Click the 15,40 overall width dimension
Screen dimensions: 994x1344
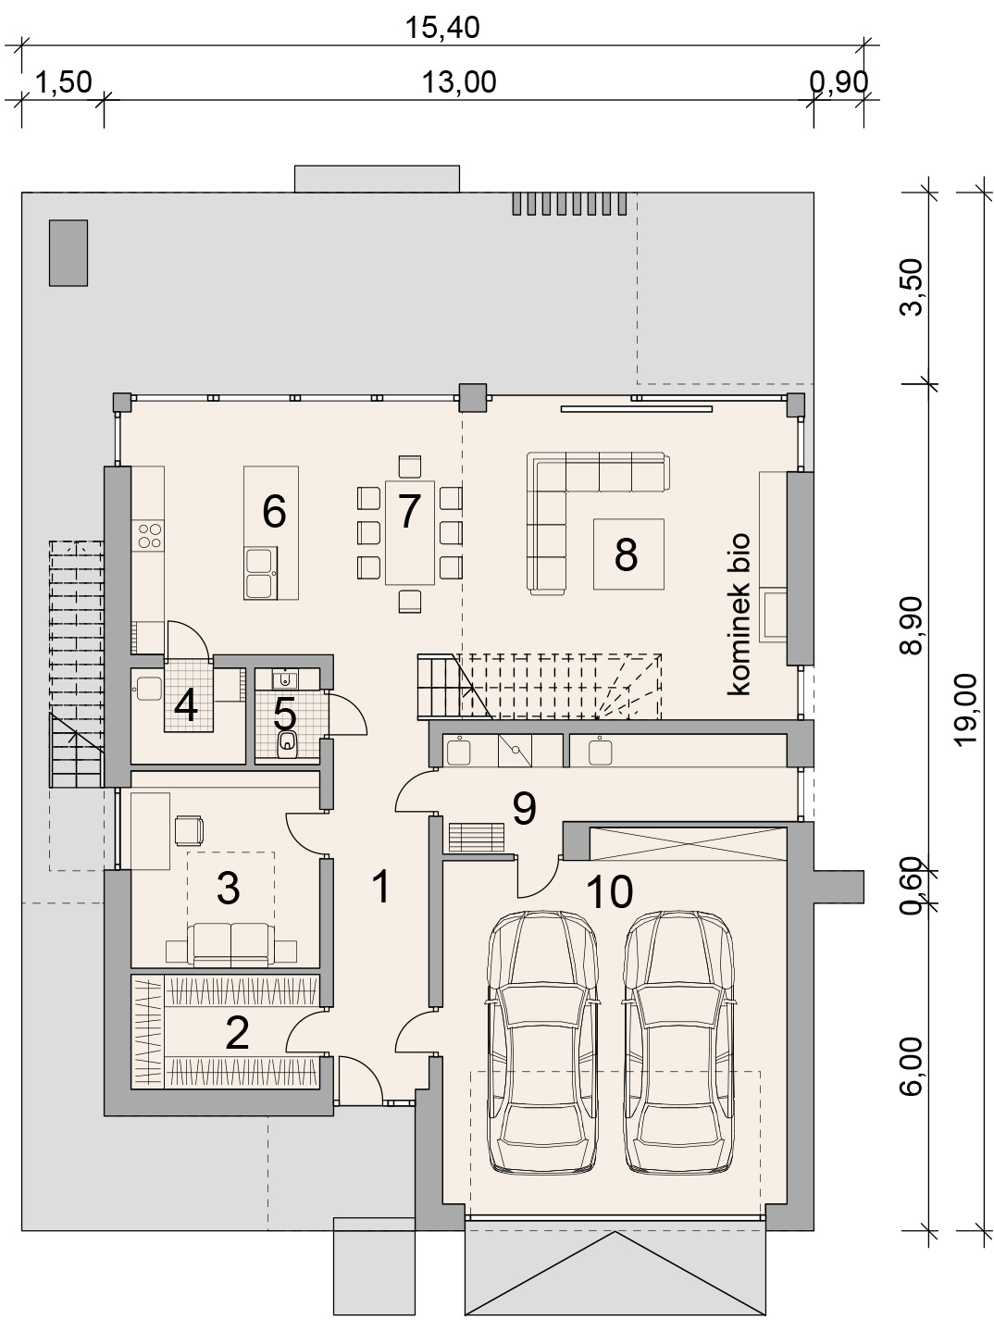(x=441, y=28)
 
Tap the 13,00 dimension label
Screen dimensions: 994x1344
(x=459, y=82)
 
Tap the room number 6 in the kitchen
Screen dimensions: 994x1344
(x=274, y=511)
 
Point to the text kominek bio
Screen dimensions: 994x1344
(x=739, y=614)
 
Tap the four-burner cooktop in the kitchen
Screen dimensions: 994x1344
(x=150, y=535)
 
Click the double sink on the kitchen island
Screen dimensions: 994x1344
(x=261, y=573)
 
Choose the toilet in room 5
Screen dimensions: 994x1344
(x=287, y=744)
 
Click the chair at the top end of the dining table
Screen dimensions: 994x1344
(x=410, y=467)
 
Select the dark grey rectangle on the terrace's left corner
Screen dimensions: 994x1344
(x=68, y=253)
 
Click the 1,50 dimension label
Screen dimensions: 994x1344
(x=64, y=82)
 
